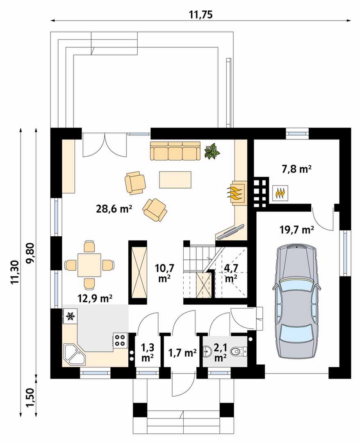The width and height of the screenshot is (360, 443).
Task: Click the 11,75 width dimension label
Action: (201, 14)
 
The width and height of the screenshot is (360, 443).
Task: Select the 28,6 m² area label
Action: (114, 209)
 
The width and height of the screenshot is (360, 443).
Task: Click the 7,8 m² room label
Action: (296, 169)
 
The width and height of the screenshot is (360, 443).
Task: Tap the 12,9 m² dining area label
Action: (95, 298)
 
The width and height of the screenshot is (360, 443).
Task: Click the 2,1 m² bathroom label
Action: (220, 352)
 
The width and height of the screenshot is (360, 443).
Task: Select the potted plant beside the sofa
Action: (212, 151)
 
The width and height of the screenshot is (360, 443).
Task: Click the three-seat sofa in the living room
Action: (175, 151)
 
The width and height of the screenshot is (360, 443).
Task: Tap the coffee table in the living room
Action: (175, 180)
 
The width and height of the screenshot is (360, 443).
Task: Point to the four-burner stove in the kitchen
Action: (121, 340)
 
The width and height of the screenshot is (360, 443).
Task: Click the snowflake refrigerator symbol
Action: (70, 316)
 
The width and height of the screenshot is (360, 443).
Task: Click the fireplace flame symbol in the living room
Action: (235, 193)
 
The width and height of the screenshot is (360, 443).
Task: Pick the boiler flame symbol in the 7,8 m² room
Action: (280, 193)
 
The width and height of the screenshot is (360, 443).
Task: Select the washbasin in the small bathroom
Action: (207, 352)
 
